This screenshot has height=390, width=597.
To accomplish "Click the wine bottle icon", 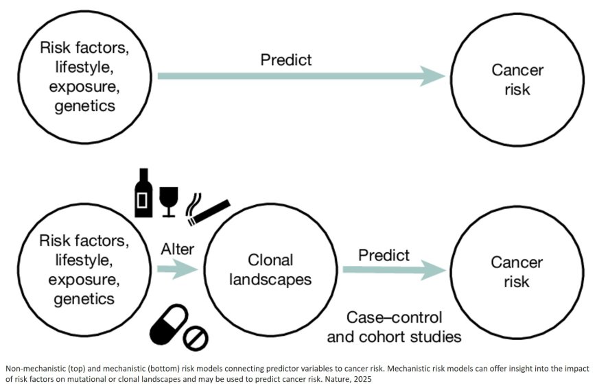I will pos(143,193).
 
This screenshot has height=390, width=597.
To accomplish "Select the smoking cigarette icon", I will pos(208,209).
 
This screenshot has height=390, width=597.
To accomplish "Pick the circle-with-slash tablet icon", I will pos(197,337).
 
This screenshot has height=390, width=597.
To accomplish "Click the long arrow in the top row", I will pos(302,76).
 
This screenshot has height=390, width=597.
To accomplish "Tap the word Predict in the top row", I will pos(285,60).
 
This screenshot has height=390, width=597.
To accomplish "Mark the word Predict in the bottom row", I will pos(384,255).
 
